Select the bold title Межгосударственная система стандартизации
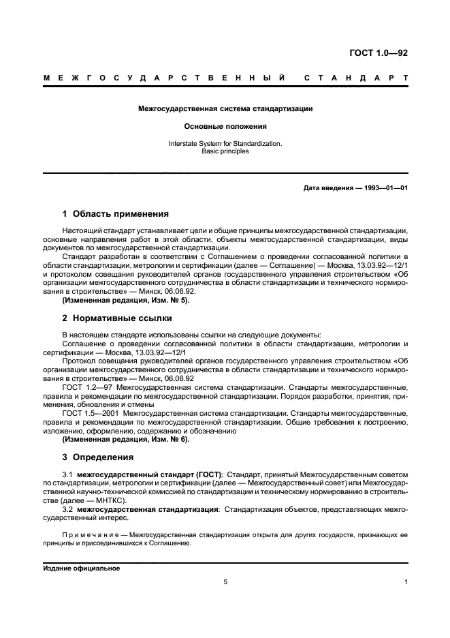coord(225,108)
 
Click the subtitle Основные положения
coord(225,126)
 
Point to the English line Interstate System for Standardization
coord(225,144)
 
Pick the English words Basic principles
coord(225,151)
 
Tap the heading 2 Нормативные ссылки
coord(117,318)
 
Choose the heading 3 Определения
coord(98,457)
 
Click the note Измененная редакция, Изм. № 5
coord(125,300)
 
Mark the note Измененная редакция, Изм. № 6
coord(125,439)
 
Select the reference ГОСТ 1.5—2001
coord(91,413)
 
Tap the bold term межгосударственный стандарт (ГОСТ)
coord(149,474)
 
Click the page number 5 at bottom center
coord(225,582)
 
